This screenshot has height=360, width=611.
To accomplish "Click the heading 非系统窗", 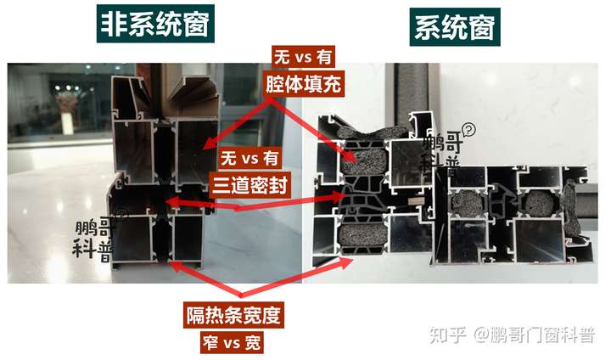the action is [155, 24].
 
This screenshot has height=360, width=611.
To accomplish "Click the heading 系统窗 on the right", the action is [455, 27].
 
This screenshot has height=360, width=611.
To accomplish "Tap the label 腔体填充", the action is [303, 84].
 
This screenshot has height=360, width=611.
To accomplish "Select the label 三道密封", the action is [249, 184].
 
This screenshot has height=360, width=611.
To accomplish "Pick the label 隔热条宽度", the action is [233, 315].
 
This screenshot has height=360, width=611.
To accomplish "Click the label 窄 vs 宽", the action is [232, 343].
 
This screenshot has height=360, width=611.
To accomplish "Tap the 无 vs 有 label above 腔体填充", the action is [303, 58].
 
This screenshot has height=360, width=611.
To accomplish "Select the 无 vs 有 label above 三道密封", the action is [249, 159].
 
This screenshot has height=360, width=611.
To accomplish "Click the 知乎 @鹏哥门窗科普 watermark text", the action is [512, 335].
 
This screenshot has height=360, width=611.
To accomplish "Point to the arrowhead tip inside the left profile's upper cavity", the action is [205, 148].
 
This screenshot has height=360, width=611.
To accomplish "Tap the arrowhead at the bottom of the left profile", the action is [170, 263].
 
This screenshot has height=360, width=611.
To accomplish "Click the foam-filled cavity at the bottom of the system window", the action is [362, 239].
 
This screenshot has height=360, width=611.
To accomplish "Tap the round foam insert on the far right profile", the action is [540, 203].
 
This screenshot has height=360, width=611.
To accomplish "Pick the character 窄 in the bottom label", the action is [210, 343].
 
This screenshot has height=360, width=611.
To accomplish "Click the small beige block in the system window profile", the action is [416, 201].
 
